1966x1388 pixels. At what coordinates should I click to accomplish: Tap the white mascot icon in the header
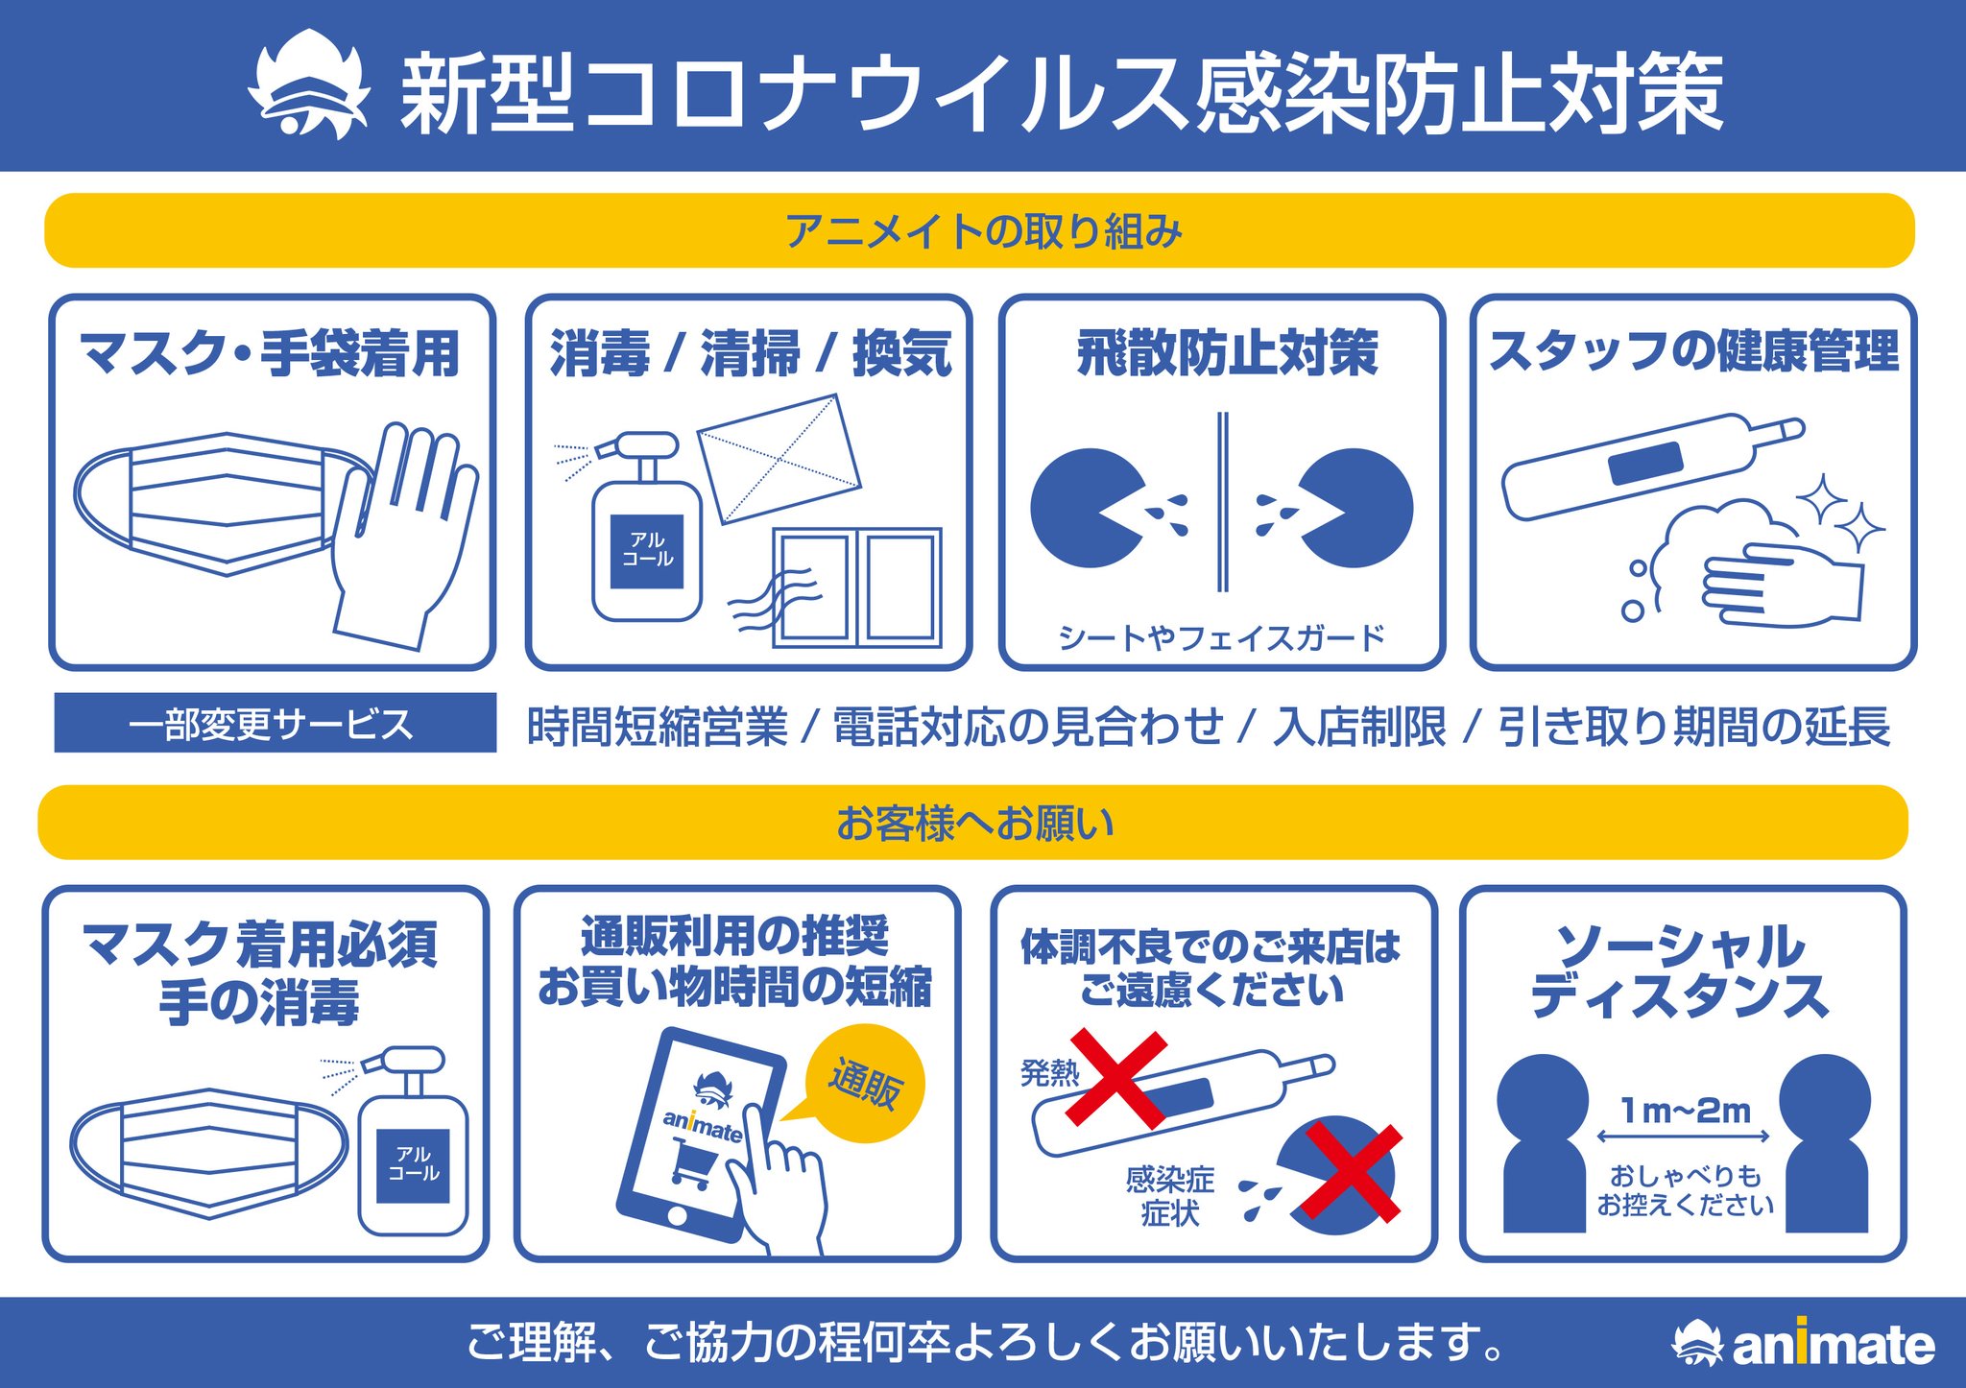click(x=308, y=86)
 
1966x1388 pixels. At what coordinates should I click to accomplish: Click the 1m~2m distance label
click(x=1685, y=1111)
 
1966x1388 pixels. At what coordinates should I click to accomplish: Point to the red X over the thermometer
click(x=1119, y=1079)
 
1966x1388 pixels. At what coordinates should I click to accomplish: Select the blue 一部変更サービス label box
click(x=275, y=723)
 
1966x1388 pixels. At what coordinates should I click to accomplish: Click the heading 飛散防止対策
click(x=1227, y=353)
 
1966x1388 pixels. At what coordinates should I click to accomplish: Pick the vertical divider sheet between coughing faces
click(x=1222, y=502)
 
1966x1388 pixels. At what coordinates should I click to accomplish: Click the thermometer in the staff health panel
click(x=1651, y=466)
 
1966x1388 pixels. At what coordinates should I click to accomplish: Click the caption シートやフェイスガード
click(x=1221, y=637)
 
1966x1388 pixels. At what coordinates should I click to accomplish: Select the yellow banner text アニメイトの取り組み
click(x=983, y=231)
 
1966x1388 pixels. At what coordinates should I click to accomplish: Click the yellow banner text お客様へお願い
click(x=974, y=823)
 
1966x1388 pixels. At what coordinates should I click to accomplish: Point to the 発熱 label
click(x=1049, y=1072)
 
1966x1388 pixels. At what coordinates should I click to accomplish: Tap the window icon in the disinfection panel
click(x=857, y=586)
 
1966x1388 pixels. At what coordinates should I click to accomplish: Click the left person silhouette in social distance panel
click(x=1543, y=1143)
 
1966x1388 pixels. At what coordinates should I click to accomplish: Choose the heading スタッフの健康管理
click(x=1693, y=351)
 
